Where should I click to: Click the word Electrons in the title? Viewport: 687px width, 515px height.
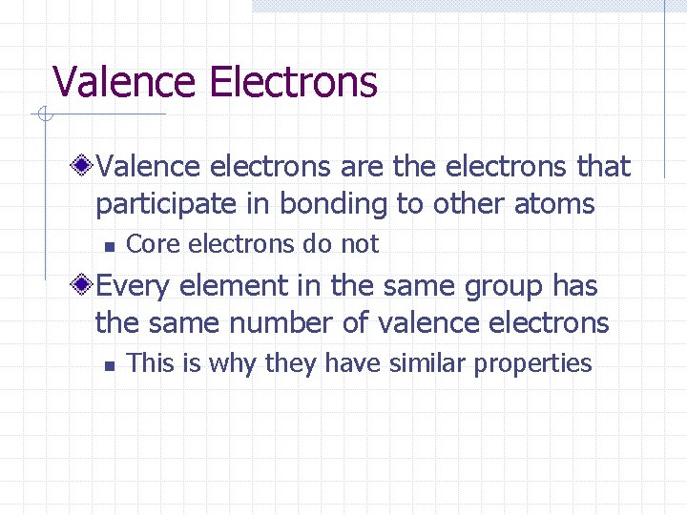(x=293, y=82)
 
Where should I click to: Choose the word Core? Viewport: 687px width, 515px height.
(x=154, y=244)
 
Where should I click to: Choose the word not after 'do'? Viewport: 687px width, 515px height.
(x=360, y=244)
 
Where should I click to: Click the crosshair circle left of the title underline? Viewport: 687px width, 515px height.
(x=41, y=115)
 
